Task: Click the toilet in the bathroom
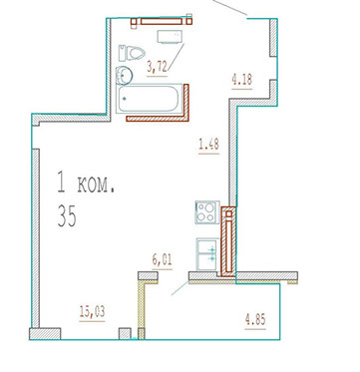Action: [132, 53]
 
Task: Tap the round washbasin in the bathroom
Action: [124, 75]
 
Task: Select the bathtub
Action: [150, 99]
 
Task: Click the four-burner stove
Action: [207, 212]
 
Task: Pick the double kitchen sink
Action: [207, 254]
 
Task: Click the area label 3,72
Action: [157, 69]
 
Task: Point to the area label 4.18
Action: [241, 81]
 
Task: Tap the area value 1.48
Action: [208, 146]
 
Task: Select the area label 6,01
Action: [162, 259]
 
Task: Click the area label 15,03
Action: [92, 312]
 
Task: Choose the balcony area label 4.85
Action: [255, 321]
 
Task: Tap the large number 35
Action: [67, 216]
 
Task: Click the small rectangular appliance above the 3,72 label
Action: [171, 37]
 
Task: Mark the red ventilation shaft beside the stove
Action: [228, 241]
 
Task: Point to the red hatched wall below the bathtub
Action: [158, 119]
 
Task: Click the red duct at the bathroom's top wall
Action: [162, 21]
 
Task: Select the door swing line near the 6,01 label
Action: [180, 288]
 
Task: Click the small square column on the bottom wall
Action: [125, 334]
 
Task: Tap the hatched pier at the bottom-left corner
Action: [45, 334]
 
